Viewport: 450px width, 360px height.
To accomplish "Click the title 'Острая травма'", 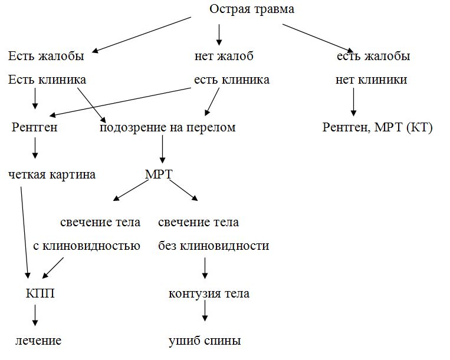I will pyautogui.click(x=252, y=9).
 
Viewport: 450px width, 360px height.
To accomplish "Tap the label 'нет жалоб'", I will pyautogui.click(x=224, y=57).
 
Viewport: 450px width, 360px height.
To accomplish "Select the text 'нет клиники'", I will pyautogui.click(x=371, y=80).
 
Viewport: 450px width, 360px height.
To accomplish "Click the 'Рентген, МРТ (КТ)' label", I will pyautogui.click(x=377, y=127).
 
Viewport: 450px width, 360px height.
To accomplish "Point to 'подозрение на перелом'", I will pyautogui.click(x=167, y=127).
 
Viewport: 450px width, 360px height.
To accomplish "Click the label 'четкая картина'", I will pyautogui.click(x=52, y=174).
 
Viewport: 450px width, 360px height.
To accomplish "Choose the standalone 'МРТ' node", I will pyautogui.click(x=159, y=174).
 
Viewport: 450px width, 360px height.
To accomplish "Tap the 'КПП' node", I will pyautogui.click(x=40, y=293).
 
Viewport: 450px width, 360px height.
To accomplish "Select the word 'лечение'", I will pyautogui.click(x=38, y=341).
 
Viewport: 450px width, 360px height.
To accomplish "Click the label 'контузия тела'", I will pyautogui.click(x=209, y=293).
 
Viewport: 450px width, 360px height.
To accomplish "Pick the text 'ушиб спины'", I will pyautogui.click(x=205, y=341).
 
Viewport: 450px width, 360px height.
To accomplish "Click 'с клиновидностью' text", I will pyautogui.click(x=87, y=246).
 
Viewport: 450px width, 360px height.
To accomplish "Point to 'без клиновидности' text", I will pyautogui.click(x=213, y=246).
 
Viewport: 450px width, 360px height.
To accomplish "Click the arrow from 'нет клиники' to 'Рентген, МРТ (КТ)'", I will pyautogui.click(x=354, y=102).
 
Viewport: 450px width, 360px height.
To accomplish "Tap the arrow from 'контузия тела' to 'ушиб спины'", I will pyautogui.click(x=205, y=311).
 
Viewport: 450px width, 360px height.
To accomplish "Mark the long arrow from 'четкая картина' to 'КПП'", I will pyautogui.click(x=25, y=233).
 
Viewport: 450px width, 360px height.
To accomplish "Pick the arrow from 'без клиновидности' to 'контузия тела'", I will pyautogui.click(x=205, y=268).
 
